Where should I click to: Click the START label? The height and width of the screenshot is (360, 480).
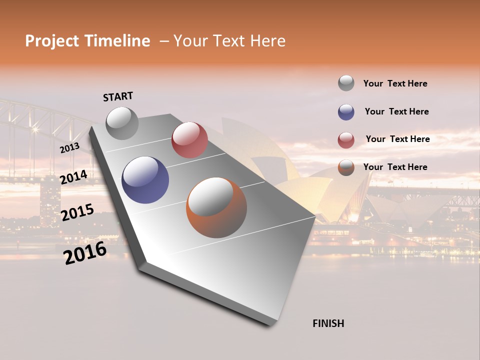[x=118, y=96]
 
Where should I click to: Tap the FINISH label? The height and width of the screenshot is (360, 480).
[x=328, y=323]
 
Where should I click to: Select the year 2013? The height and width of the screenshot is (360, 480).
[x=69, y=148]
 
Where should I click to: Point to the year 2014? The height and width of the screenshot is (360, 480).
[x=73, y=177]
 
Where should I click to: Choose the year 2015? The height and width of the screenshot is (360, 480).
[x=77, y=212]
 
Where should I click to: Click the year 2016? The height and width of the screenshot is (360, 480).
[x=85, y=253]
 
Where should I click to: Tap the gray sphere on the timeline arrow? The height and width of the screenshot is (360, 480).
[x=122, y=123]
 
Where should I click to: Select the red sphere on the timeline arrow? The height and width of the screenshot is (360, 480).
[x=189, y=140]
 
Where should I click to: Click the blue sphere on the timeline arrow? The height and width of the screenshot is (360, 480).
[x=145, y=180]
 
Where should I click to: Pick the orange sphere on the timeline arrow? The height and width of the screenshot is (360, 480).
[x=216, y=207]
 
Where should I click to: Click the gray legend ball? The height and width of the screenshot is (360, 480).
[x=346, y=83]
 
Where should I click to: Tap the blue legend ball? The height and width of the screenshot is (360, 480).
[x=346, y=112]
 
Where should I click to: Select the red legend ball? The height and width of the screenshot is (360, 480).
[x=346, y=140]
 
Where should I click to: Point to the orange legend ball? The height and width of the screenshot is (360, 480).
[x=346, y=167]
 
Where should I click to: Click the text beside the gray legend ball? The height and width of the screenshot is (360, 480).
[x=395, y=83]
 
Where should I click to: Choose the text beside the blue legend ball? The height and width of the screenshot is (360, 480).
[x=396, y=111]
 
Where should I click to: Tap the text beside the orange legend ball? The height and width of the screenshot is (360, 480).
[x=395, y=167]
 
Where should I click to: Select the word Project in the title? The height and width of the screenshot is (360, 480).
[x=52, y=41]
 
